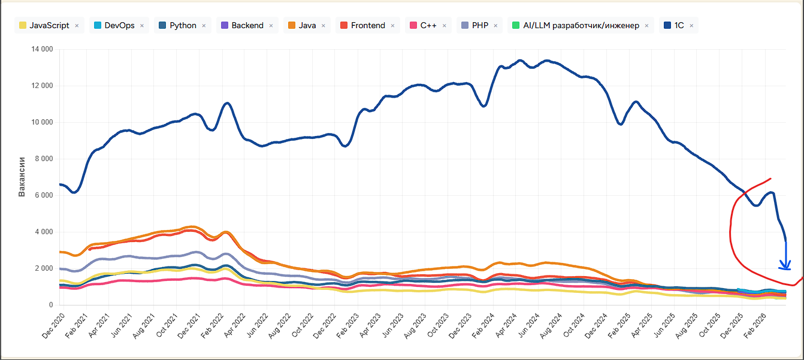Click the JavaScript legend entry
pos(49,26)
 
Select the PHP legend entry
pos(480,26)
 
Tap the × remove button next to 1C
pos(691,26)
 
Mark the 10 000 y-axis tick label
pos(41,122)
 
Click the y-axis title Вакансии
pos(22,177)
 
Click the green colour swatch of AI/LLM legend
pos(515,26)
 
